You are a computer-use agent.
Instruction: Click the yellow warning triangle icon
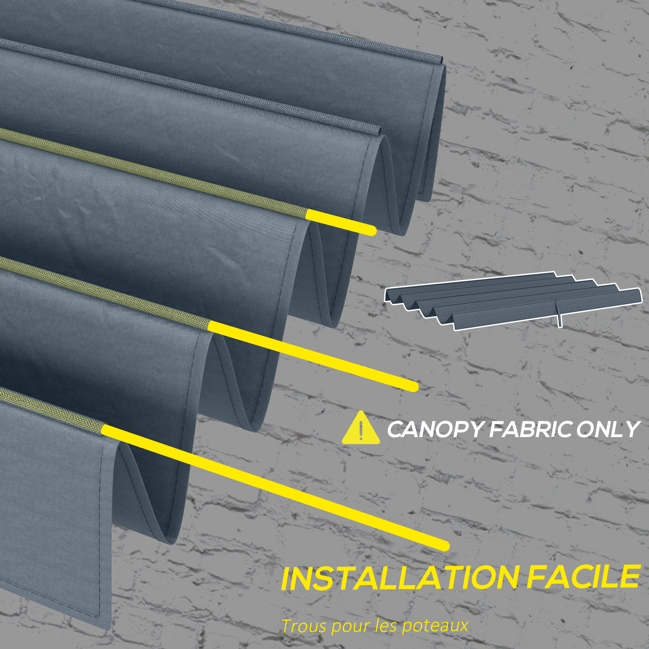pyautogui.click(x=361, y=428)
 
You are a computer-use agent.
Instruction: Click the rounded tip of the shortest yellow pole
pyautogui.click(x=371, y=230)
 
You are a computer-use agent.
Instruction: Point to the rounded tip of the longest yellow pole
pyautogui.click(x=444, y=546)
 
